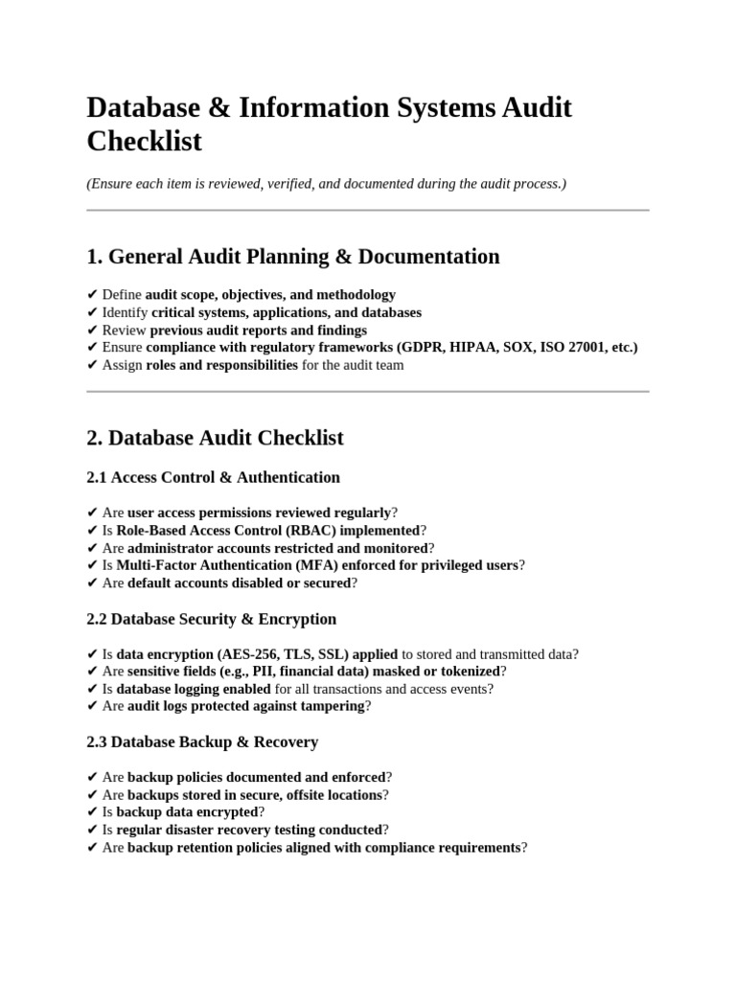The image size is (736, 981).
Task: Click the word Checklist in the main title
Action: point(145,142)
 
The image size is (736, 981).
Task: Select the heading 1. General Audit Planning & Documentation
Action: point(292,257)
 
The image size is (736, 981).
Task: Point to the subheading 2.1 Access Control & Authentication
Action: point(213,477)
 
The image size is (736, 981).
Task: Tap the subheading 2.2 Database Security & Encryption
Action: point(211,619)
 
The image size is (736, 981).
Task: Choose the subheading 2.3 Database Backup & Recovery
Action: point(202,742)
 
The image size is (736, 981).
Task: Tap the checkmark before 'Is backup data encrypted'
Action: point(92,812)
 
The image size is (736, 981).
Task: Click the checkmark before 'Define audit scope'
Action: point(92,295)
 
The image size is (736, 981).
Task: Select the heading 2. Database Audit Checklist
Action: point(215,439)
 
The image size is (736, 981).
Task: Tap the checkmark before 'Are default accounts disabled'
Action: point(92,582)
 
